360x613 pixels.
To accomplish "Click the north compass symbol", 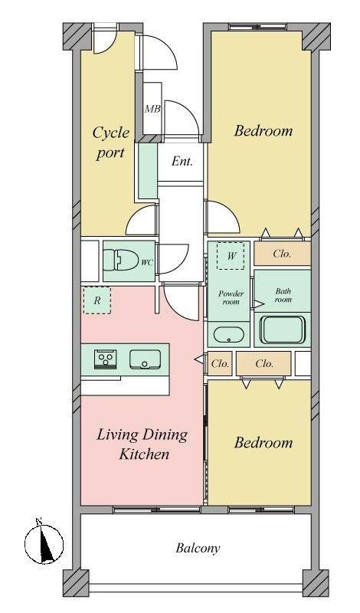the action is (44, 543).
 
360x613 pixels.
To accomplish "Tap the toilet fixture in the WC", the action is (121, 260).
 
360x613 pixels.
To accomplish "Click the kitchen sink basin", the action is (145, 359).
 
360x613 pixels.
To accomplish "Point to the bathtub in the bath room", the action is (283, 329).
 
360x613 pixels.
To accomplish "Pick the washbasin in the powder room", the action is (229, 335).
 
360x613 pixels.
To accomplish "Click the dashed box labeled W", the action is (231, 256).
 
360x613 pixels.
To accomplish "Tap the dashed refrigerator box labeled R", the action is (97, 300).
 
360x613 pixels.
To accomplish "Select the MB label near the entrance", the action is (152, 109).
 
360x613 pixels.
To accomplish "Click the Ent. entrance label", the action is (182, 162).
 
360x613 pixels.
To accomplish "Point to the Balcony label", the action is (198, 549).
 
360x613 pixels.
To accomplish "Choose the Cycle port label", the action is (110, 143).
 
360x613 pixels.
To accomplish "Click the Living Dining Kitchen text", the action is (142, 444).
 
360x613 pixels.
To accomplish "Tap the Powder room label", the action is (231, 298).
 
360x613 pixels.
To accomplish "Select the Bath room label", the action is (283, 296).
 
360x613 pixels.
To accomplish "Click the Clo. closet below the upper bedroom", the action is (282, 254).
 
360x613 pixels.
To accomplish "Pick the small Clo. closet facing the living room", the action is (220, 364).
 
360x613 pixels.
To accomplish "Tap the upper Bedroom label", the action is (263, 130).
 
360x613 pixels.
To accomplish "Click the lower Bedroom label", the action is (263, 443).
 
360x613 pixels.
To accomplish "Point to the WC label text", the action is (147, 263).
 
